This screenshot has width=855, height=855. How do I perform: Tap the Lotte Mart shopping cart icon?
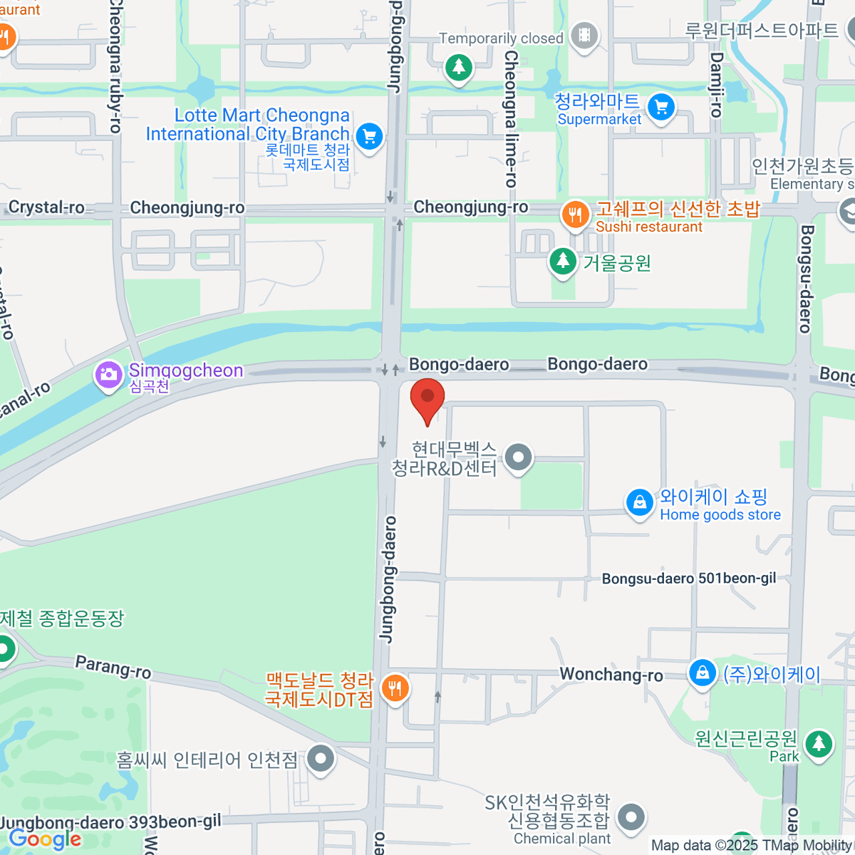369,135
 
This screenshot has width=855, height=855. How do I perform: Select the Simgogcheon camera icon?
108,375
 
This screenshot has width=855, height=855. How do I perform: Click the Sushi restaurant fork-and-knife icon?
574,214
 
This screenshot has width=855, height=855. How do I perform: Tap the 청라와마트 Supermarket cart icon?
661,108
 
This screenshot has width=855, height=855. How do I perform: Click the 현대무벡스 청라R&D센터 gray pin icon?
518,457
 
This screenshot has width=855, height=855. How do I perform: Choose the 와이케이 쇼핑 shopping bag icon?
640,502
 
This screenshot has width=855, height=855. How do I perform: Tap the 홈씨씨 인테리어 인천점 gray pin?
321,759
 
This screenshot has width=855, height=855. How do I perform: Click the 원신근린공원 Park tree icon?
819,744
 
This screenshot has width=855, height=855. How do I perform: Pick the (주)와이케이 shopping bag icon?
702,673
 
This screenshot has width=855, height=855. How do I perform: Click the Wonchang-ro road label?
611,674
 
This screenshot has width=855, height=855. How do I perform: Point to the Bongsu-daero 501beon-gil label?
689,579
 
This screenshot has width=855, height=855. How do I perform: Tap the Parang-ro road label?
113,668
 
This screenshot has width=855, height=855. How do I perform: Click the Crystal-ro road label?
46,207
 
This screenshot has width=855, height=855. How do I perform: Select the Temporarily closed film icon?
584,36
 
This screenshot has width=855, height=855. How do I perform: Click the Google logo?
45,839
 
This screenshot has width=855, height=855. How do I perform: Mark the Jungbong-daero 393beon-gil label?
111,822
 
